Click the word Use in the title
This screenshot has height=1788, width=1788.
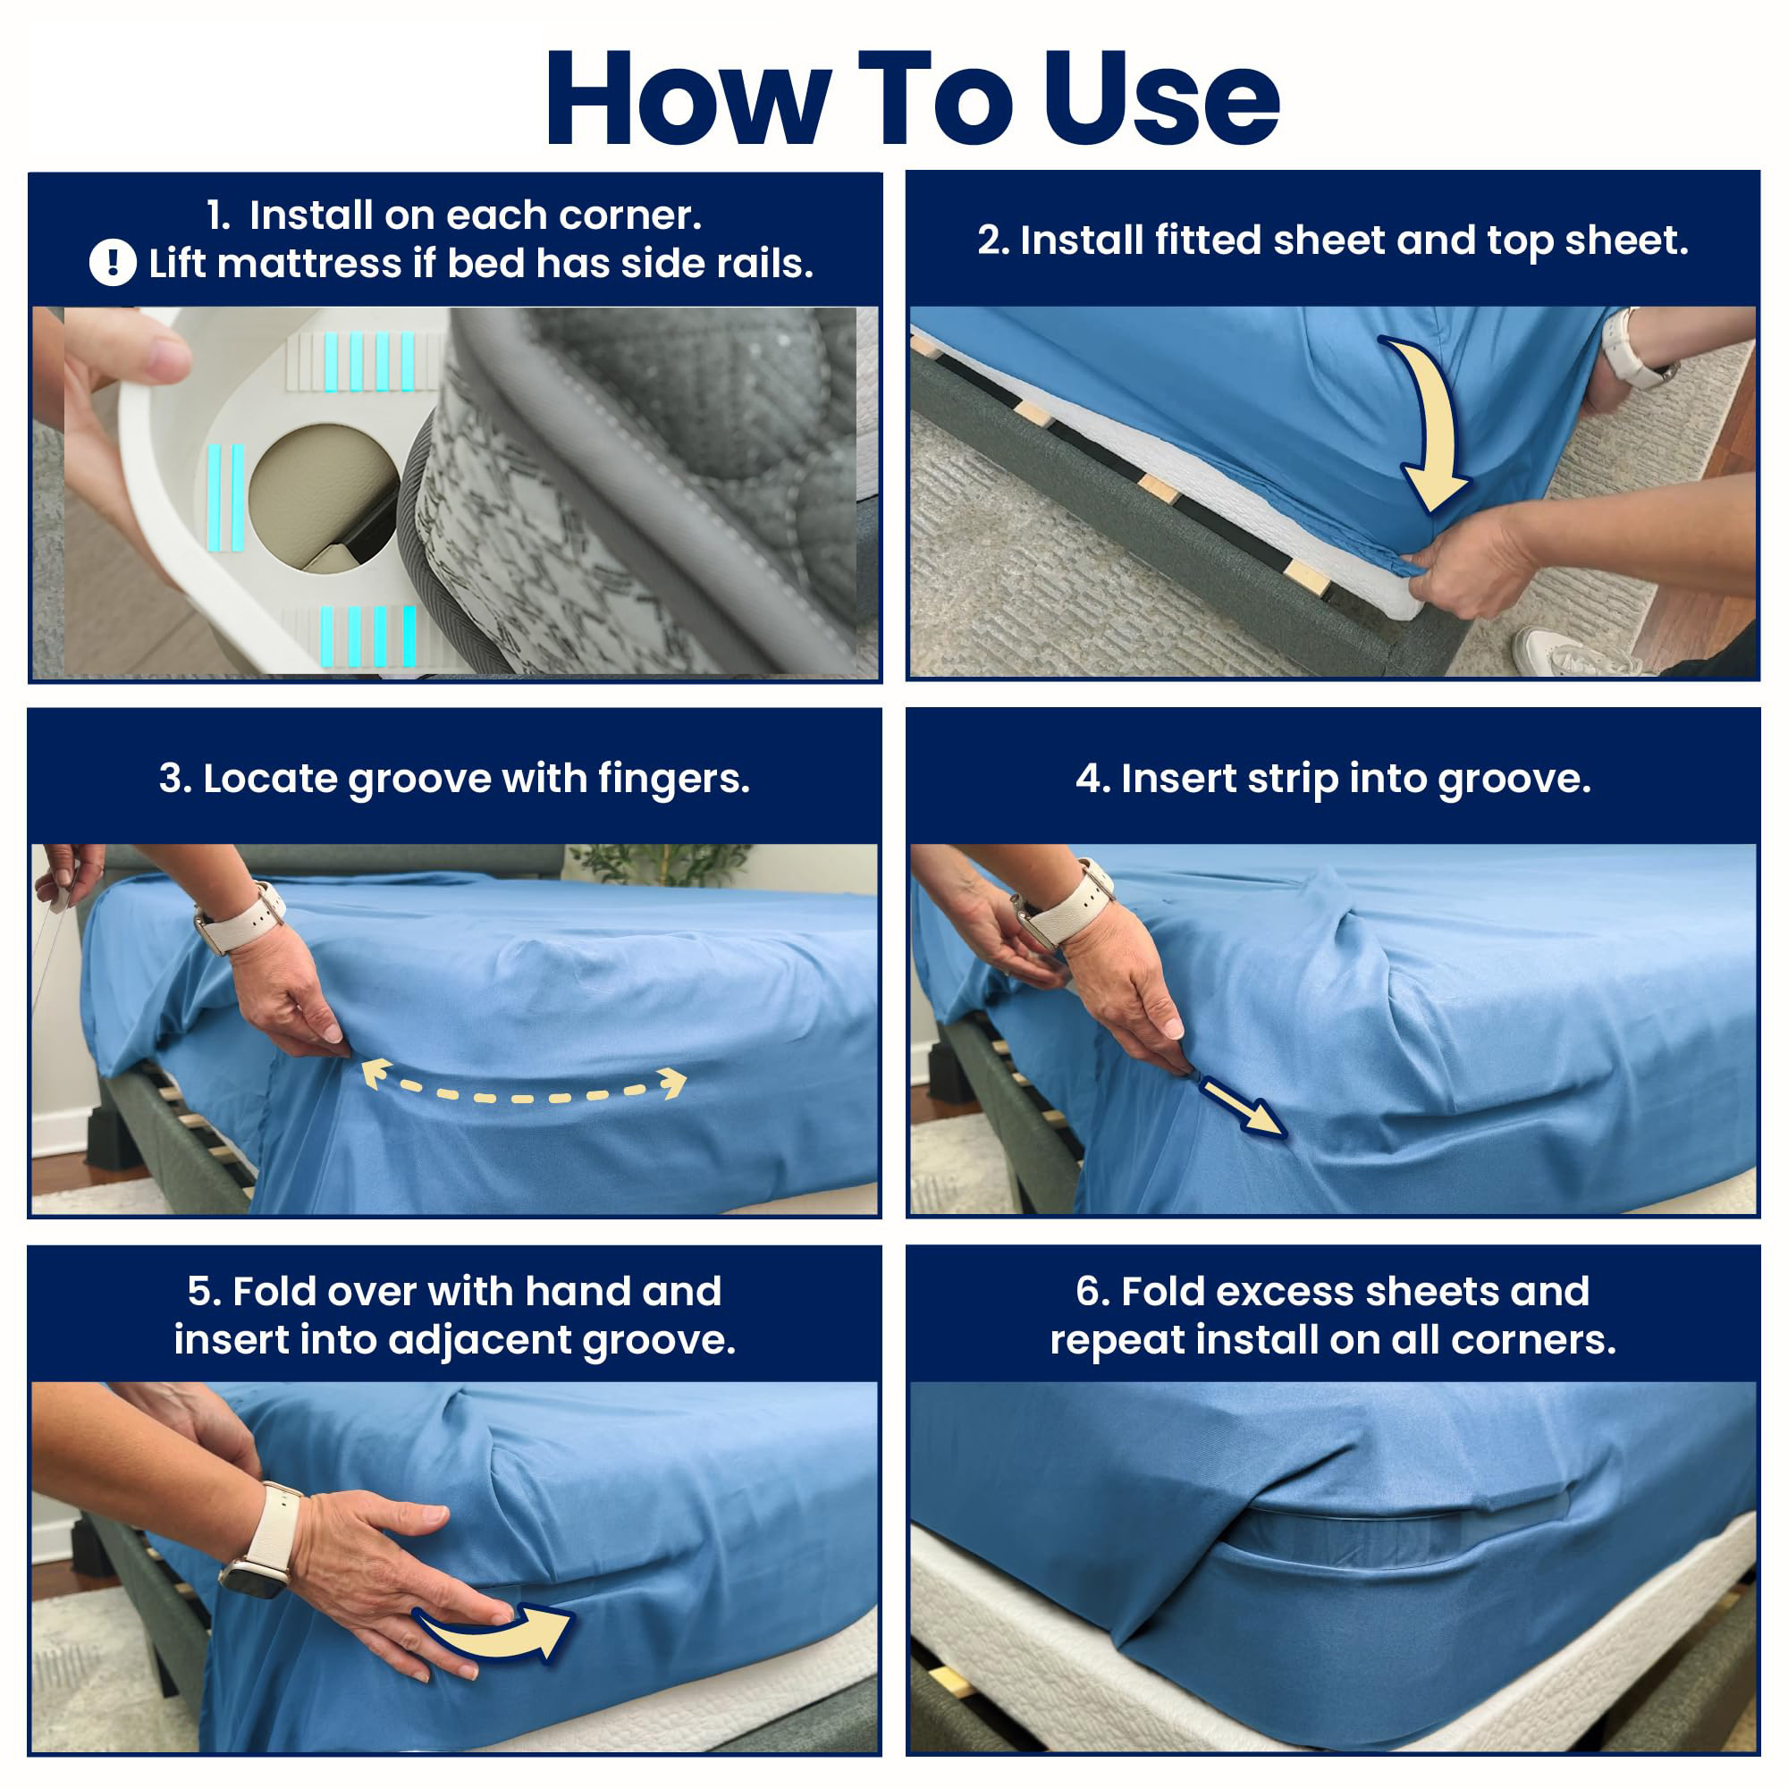coord(1162,98)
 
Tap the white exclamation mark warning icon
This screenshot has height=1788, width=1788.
coord(113,263)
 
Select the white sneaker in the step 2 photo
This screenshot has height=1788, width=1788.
coord(1573,653)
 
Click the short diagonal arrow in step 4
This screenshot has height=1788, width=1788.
coord(1240,1105)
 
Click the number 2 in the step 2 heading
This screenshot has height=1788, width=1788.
coord(991,240)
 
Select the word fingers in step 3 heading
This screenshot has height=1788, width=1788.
coord(673,780)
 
